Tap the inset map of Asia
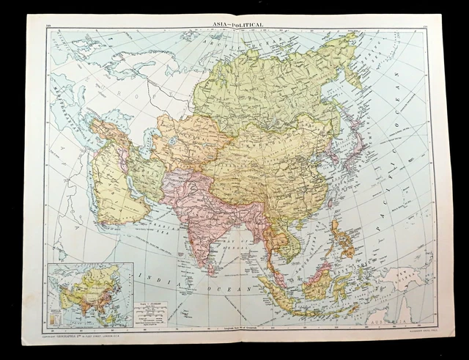(x=88, y=294)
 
